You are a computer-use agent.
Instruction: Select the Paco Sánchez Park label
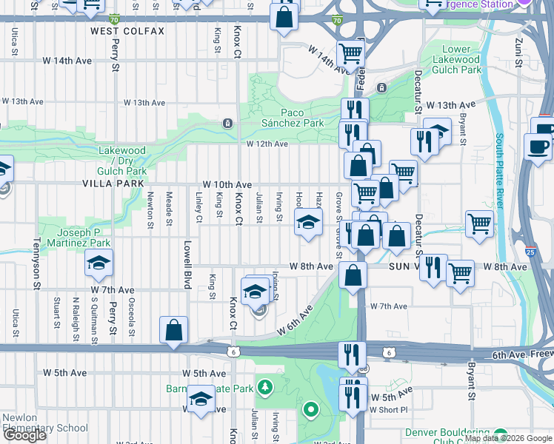click(293, 118)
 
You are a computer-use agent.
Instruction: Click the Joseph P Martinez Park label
click(73, 238)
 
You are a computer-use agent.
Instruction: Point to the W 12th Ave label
click(267, 144)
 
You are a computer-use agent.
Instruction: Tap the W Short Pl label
click(388, 409)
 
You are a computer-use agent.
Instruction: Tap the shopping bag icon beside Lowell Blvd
click(173, 330)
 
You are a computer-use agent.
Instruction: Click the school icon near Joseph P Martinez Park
click(97, 262)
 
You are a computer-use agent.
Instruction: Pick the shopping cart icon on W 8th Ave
click(461, 273)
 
